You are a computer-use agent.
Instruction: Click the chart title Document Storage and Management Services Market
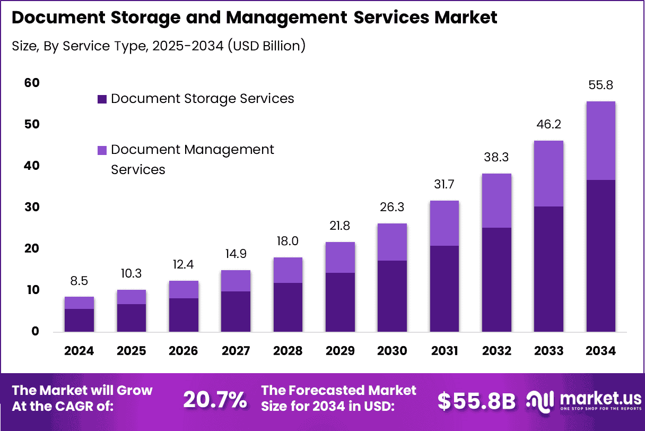[254, 18]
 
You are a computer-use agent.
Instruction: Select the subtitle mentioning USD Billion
[158, 46]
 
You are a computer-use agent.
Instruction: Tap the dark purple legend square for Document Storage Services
[102, 99]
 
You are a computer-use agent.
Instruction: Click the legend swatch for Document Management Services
[102, 151]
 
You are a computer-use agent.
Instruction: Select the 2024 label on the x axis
[79, 351]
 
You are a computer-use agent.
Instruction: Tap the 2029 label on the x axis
[340, 351]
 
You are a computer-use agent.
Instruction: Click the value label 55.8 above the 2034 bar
[600, 85]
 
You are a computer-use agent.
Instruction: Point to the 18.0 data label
[288, 241]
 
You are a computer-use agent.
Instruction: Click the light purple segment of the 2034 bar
[600, 141]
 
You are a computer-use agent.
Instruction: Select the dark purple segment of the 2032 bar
[496, 280]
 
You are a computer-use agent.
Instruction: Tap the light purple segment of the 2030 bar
[392, 242]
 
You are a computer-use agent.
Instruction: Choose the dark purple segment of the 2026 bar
[184, 315]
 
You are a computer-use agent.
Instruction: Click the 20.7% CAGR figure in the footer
[215, 400]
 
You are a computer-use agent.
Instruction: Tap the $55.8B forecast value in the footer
[476, 401]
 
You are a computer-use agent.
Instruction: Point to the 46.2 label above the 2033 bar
[548, 124]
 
